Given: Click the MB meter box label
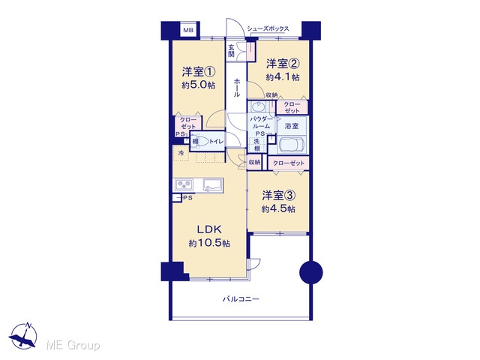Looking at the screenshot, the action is pyautogui.click(x=188, y=30).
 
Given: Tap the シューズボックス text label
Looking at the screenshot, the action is pyautogui.click(x=268, y=28).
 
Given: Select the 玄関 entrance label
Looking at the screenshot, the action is pyautogui.click(x=231, y=51).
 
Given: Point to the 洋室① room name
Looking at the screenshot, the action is pyautogui.click(x=199, y=72).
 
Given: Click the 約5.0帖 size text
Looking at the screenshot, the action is pyautogui.click(x=198, y=85).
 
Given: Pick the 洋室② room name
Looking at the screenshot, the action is pyautogui.click(x=283, y=64).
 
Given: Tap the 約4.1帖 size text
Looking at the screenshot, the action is pyautogui.click(x=283, y=76).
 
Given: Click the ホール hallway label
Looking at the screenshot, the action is pyautogui.click(x=237, y=88).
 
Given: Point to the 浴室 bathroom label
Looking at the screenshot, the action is pyautogui.click(x=291, y=126).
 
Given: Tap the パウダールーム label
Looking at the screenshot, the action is pyautogui.click(x=261, y=122).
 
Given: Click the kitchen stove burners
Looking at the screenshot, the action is pyautogui.click(x=184, y=184).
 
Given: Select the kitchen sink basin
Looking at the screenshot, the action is pyautogui.click(x=212, y=184).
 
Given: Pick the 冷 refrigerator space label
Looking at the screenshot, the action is pyautogui.click(x=181, y=153).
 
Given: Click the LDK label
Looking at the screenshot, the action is pyautogui.click(x=208, y=229).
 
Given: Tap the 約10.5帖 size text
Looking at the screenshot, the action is pyautogui.click(x=209, y=243).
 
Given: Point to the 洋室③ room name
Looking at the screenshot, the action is pyautogui.click(x=278, y=195).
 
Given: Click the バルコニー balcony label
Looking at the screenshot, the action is pyautogui.click(x=241, y=298).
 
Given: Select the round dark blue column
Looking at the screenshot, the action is pyautogui.click(x=311, y=272).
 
